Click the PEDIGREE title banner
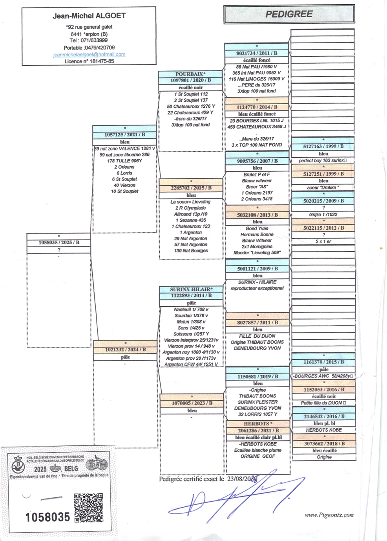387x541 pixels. tap(289, 15)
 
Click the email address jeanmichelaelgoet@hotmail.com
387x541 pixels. tap(89, 55)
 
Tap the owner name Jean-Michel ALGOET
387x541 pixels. tap(89, 16)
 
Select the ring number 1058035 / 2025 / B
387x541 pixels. tap(59, 243)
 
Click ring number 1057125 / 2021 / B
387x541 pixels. tap(124, 135)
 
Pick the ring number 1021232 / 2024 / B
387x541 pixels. tap(125, 350)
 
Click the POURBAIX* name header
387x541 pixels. tap(190, 74)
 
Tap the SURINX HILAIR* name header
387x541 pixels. tap(191, 289)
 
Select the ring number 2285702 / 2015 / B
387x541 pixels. tap(191, 188)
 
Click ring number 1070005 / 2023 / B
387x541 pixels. tap(192, 403)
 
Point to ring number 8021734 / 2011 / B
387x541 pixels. tap(257, 53)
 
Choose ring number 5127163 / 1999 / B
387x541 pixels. tap(323, 146)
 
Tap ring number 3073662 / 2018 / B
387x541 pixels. tap(324, 443)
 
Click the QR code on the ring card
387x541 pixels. tap(89, 508)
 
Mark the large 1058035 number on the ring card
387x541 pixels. tap(47, 517)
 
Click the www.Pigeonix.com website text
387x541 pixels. tap(329, 515)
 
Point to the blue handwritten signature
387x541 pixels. tap(235, 493)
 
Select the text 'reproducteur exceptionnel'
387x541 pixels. tap(257, 288)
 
